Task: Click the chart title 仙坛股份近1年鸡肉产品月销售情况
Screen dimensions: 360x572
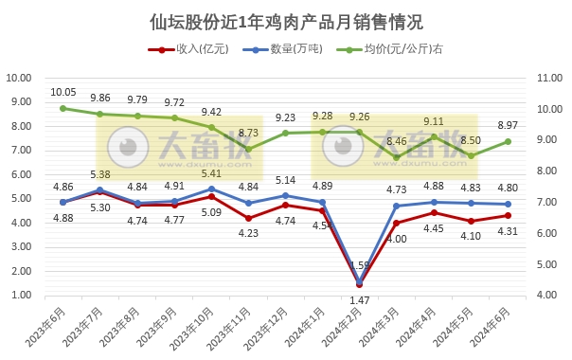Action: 286,21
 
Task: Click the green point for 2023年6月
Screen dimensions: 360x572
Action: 63,108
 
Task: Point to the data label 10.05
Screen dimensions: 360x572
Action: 63,93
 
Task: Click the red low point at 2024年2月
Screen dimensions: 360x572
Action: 360,284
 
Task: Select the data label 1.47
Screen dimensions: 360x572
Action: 360,300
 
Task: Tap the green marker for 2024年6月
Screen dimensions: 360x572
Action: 509,141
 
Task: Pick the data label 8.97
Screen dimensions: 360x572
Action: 508,126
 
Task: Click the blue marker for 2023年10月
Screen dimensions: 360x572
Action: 211,189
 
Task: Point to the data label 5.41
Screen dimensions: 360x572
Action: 211,173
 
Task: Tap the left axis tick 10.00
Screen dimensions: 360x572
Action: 21,78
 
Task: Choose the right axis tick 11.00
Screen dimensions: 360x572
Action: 549,78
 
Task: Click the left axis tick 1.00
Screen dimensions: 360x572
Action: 24,296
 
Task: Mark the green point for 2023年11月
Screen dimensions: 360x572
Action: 248,149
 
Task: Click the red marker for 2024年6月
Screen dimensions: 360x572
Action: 509,215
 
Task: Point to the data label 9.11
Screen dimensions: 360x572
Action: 434,121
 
